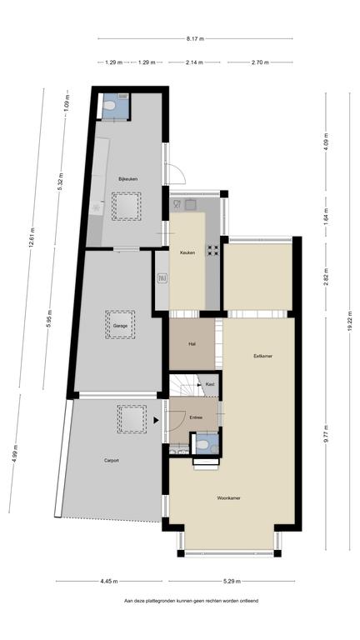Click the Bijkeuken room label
tap(127, 179)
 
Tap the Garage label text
tap(120, 326)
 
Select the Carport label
tap(112, 460)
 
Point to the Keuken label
tap(187, 252)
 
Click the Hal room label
tap(192, 344)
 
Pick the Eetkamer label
tap(262, 356)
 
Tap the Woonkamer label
tap(228, 498)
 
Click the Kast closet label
tap(210, 384)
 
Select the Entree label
tap(197, 417)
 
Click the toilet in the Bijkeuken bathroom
tap(109, 105)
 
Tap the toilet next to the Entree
tap(202, 444)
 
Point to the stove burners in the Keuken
tap(212, 250)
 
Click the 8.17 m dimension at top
tap(195, 39)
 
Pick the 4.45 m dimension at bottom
tap(109, 581)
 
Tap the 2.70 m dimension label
tap(260, 62)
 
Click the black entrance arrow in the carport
tap(156, 420)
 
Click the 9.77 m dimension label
tap(326, 435)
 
